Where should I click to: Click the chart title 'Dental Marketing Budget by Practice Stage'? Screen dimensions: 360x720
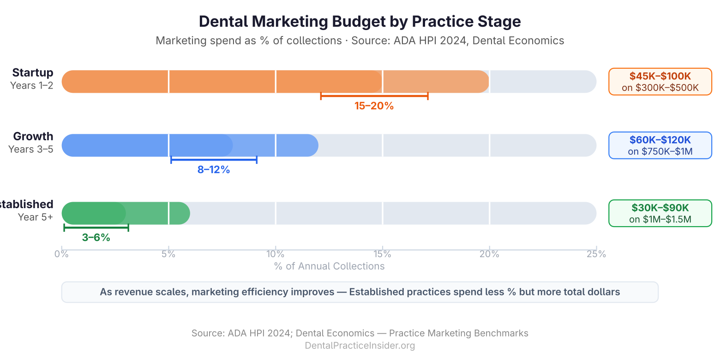click(360, 21)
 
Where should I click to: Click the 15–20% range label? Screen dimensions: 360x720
click(374, 106)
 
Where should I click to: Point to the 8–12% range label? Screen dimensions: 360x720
click(214, 169)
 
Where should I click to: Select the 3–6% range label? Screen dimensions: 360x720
click(96, 237)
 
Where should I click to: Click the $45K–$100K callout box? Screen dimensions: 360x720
click(660, 82)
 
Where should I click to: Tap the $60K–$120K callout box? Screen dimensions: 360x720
click(660, 145)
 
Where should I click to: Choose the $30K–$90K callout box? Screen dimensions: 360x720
click(660, 213)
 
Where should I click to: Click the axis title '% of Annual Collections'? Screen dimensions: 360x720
click(329, 266)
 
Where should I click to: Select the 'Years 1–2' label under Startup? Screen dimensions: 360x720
click(32, 85)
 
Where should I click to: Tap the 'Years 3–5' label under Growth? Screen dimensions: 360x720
click(31, 149)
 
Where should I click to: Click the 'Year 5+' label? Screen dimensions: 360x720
click(36, 217)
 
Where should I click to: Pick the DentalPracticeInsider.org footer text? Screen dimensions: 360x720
click(360, 345)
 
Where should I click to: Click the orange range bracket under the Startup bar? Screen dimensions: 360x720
click(374, 96)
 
